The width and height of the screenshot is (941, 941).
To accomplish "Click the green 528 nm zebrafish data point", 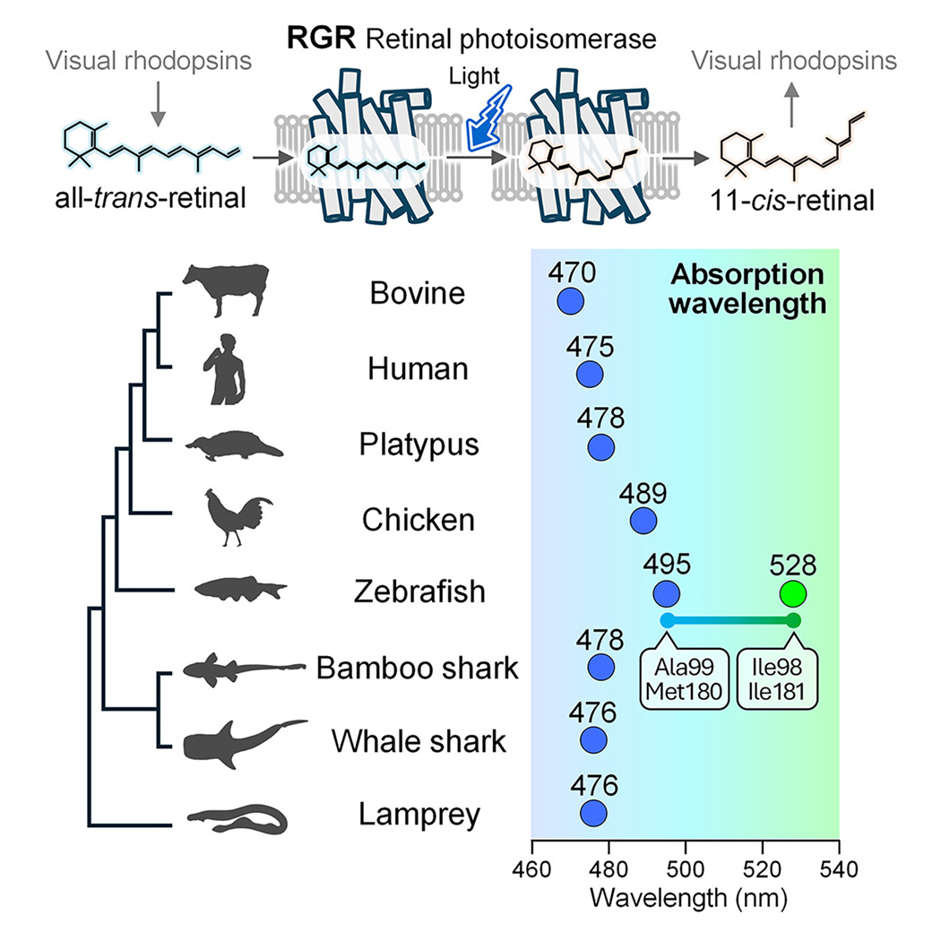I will tap(792, 593).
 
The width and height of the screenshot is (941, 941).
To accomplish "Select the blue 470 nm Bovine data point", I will tap(568, 299).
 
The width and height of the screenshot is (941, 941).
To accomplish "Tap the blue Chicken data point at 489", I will tap(643, 520).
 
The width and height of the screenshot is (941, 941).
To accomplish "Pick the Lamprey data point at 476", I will tap(592, 813).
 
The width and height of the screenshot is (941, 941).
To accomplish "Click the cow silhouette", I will tap(226, 289).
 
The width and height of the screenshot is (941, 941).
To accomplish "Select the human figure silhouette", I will tap(221, 367).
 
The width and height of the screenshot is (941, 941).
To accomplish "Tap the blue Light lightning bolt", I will tap(491, 113).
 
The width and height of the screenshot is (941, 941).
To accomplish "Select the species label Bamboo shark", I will tap(417, 669).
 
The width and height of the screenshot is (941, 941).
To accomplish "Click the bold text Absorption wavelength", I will tap(748, 289).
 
